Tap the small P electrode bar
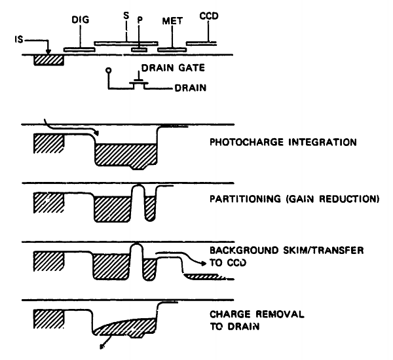click(139, 48)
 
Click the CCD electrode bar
click(202, 44)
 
